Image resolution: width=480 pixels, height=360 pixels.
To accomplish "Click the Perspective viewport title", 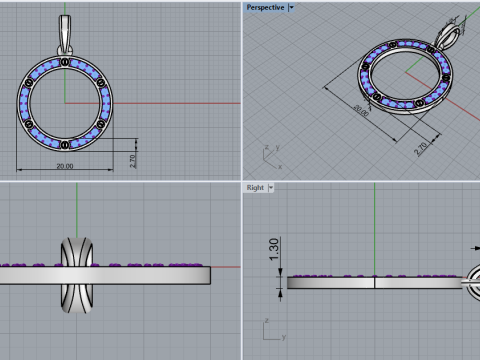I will click(265, 7).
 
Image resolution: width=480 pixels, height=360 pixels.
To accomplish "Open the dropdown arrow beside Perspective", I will click(291, 7).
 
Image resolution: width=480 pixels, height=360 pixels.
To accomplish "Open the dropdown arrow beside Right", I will click(271, 187).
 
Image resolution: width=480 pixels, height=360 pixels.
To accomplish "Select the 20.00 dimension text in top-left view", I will click(65, 166).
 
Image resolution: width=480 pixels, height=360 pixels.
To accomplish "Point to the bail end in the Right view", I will click(471, 281).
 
